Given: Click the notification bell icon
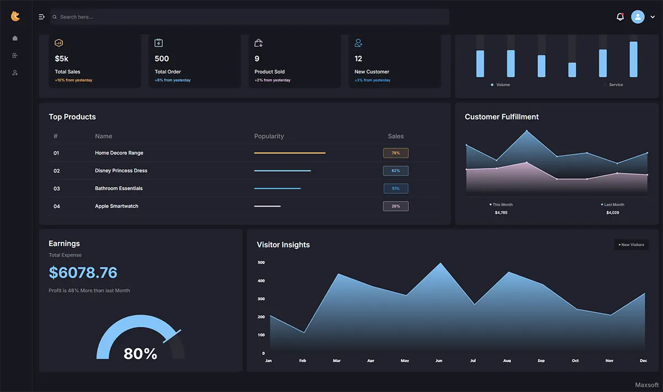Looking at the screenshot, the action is coord(620,17).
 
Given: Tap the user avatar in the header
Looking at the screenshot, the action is coord(638,17).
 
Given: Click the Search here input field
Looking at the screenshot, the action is coord(250,17).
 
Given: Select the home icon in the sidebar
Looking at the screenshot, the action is coord(15,38).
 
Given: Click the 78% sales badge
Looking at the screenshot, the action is coord(396,153).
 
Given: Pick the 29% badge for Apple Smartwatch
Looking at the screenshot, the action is coord(396,206).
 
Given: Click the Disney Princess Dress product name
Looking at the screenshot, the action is coord(121,171).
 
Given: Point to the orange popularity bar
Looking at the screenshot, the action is coord(290,153).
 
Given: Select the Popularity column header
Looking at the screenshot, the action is coord(269,136).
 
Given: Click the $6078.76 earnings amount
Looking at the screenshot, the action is coord(83,273).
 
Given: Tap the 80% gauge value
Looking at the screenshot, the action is coord(140,353).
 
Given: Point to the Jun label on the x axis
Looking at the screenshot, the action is coord(439,361).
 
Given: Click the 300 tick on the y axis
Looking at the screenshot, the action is coord(261,299).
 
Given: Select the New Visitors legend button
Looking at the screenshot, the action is coord(632,245).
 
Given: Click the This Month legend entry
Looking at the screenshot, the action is coord(501,204).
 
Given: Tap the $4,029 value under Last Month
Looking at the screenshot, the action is coord(612,213).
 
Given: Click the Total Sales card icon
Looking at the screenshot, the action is coord(59,43).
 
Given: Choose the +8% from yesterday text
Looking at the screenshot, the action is coord(172,80).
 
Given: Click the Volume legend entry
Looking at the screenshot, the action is coord(500,84).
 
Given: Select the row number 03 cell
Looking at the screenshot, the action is coord(56,188).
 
